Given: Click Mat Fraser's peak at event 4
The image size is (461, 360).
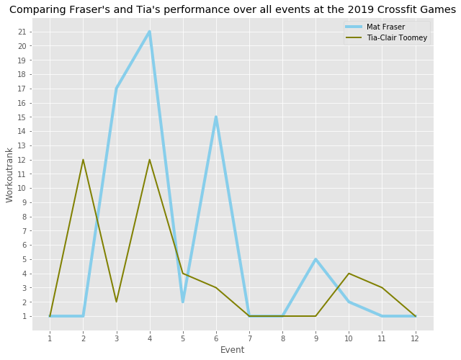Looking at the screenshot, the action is [x=150, y=32].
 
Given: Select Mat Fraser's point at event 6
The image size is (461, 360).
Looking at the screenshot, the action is [x=216, y=117].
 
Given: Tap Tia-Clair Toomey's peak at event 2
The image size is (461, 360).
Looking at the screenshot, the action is [x=84, y=160].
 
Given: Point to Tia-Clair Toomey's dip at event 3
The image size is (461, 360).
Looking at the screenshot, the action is [x=117, y=302].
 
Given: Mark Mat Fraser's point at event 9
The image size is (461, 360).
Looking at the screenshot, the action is [x=315, y=259].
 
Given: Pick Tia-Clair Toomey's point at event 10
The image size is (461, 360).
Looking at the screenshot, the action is [x=349, y=274].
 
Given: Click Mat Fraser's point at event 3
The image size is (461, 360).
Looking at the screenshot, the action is [x=117, y=89].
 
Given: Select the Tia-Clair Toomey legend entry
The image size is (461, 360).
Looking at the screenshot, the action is [x=386, y=37].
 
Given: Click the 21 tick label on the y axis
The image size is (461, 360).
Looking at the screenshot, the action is [x=22, y=32].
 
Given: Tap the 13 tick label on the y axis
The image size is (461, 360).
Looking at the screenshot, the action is [x=22, y=145].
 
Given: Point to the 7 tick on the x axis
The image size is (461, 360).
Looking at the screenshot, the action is [x=249, y=338].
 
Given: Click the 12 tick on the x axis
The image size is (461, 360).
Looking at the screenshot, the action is [x=415, y=338].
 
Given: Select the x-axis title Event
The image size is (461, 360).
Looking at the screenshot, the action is [x=232, y=350].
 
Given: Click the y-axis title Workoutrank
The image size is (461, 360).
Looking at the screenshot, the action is [x=9, y=175].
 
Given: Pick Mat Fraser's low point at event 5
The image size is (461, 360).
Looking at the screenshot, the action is [x=183, y=302].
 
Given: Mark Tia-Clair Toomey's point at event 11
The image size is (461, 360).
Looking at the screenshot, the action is [x=382, y=288].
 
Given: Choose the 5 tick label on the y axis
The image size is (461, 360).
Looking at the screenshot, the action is [x=24, y=259].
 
